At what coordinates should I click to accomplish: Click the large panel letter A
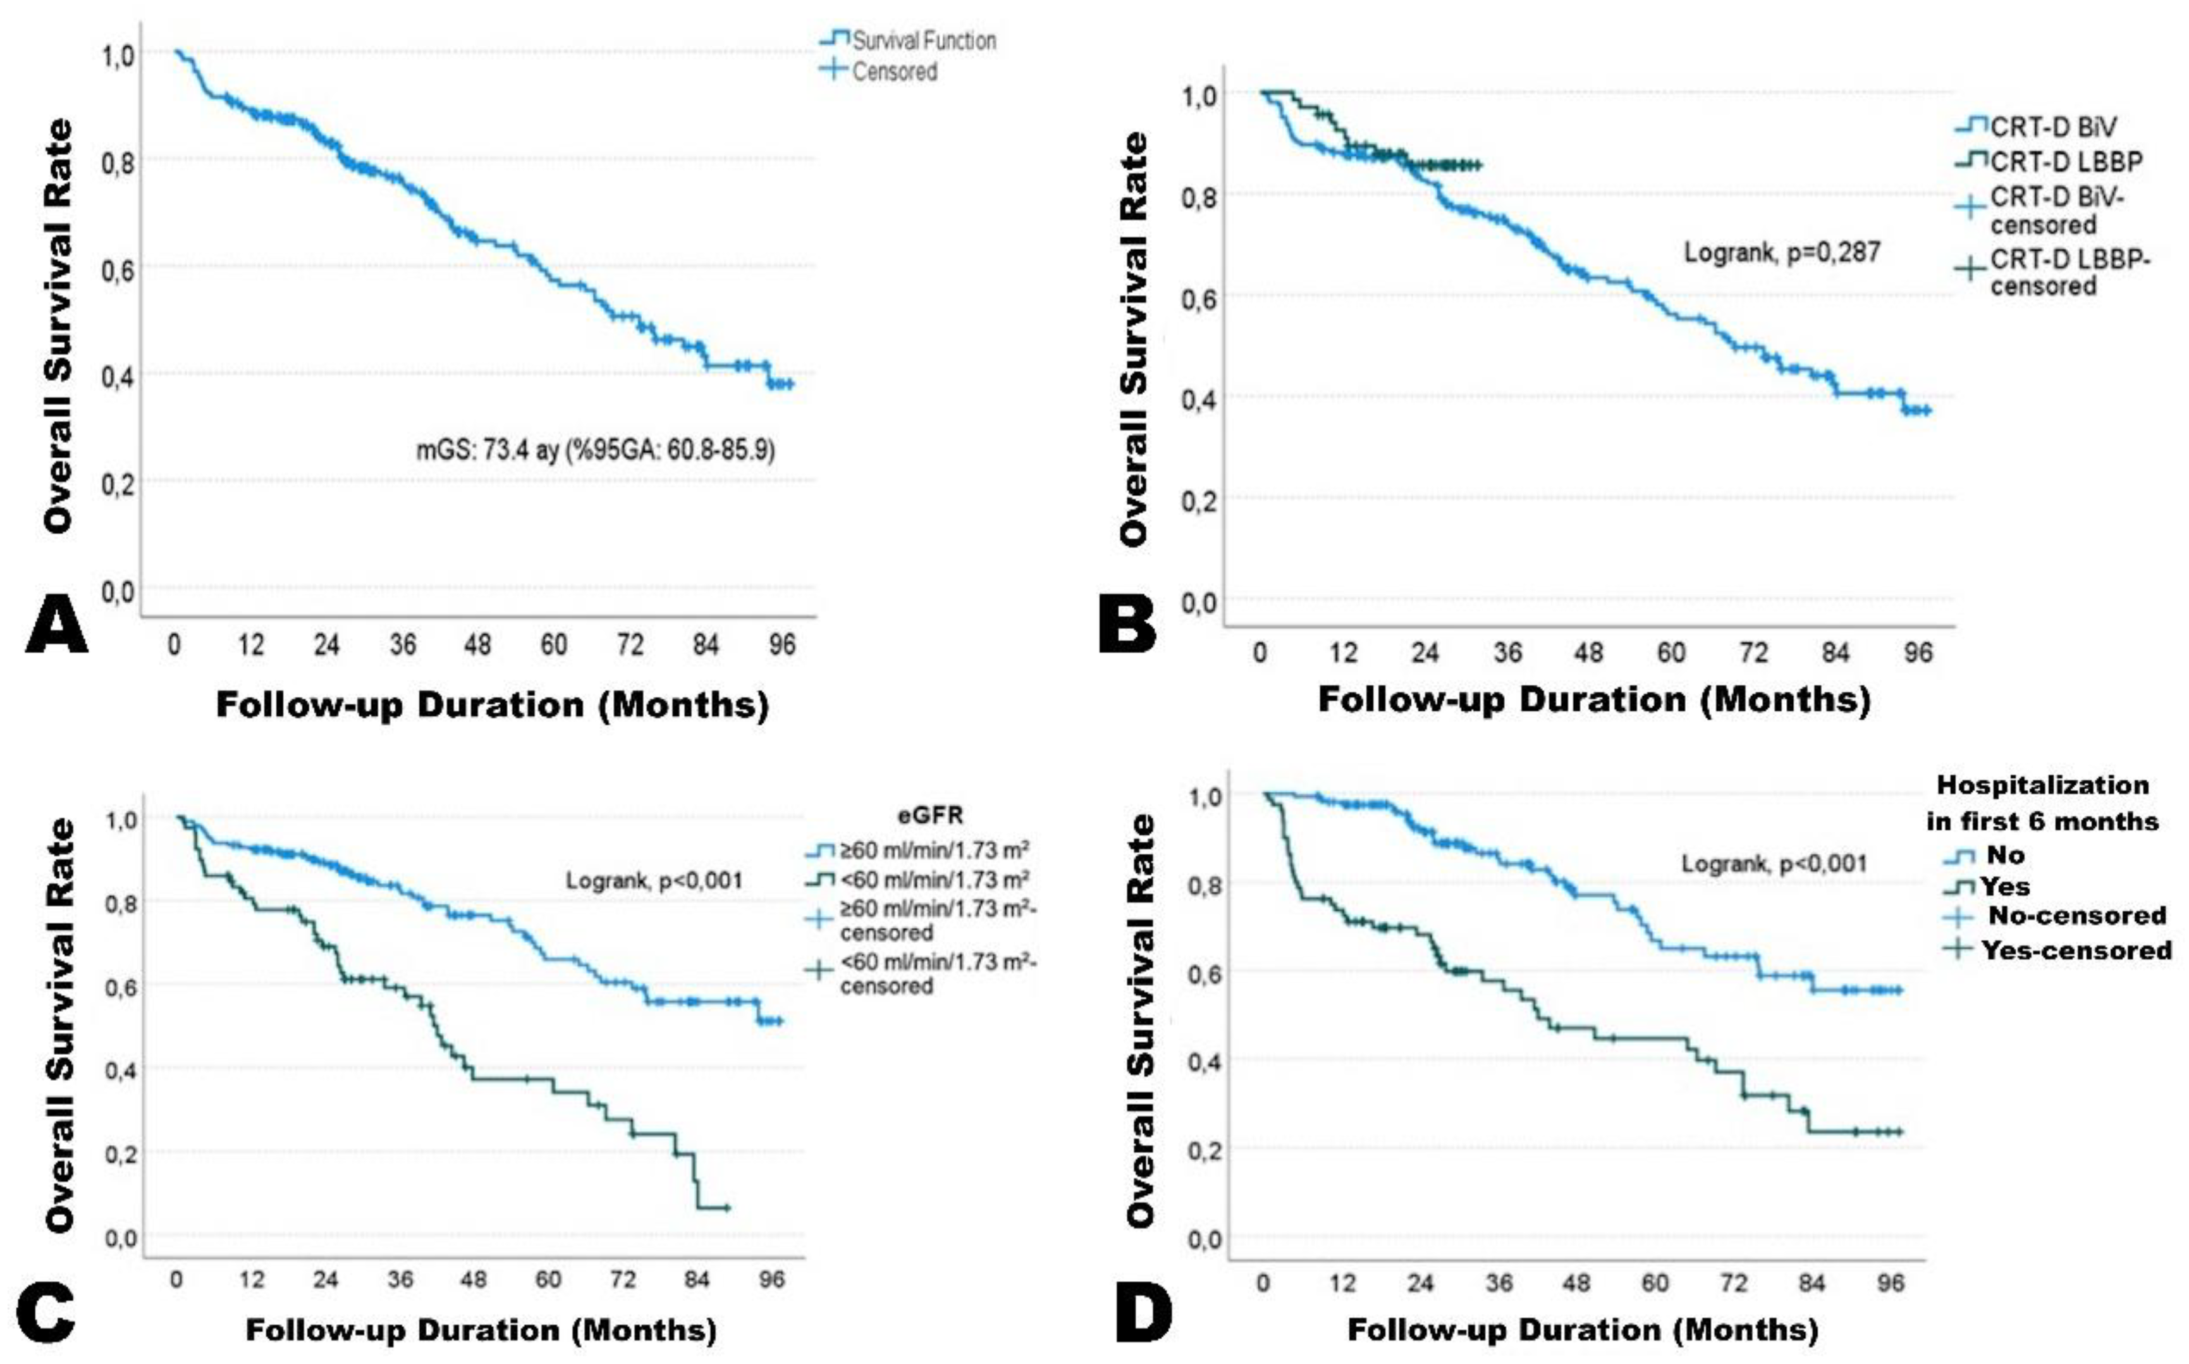tap(57, 625)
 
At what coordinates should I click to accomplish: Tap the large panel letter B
tap(1127, 625)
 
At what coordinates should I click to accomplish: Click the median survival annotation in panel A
tap(595, 448)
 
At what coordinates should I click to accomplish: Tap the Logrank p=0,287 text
tap(1782, 252)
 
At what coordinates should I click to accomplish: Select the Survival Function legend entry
tap(908, 40)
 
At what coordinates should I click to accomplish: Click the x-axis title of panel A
tap(493, 704)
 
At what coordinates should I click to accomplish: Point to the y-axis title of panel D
tap(1141, 1020)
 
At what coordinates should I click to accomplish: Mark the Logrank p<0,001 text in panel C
tap(654, 880)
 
